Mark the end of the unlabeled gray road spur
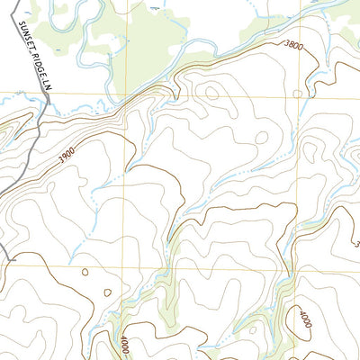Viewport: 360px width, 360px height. click(x=9, y=259)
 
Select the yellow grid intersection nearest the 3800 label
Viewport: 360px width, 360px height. click(x=292, y=93)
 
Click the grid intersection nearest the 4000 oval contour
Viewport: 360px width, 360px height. click(x=292, y=268)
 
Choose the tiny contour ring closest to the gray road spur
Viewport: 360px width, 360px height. click(x=84, y=270)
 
